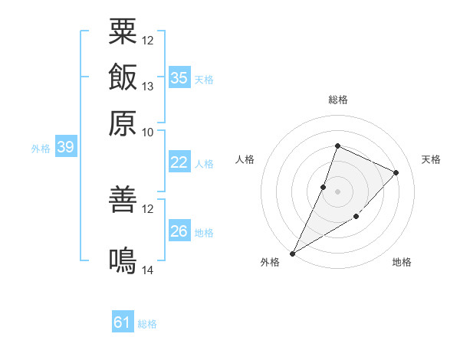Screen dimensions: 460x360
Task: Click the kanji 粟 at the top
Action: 123,31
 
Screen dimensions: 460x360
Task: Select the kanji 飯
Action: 123,77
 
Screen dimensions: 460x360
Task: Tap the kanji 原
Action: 123,123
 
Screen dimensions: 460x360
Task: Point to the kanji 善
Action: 123,199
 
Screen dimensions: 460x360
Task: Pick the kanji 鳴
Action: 123,260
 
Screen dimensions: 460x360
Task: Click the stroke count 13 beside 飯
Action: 147,87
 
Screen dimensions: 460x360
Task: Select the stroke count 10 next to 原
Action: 147,133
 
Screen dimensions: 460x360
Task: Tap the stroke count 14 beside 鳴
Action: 147,270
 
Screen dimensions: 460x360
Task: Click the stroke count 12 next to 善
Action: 147,209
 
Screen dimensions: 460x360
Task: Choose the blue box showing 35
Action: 179,77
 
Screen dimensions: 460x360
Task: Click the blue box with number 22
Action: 179,162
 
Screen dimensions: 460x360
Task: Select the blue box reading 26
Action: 179,230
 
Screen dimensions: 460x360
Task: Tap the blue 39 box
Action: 66,146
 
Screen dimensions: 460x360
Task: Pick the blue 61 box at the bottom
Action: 123,321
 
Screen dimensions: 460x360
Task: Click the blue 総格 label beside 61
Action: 147,324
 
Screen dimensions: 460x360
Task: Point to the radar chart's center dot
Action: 337,191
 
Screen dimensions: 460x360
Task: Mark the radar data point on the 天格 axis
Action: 396,172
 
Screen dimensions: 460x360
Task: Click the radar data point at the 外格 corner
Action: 292,254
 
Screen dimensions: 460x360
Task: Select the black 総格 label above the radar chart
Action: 338,100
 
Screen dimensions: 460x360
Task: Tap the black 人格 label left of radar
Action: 245,159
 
